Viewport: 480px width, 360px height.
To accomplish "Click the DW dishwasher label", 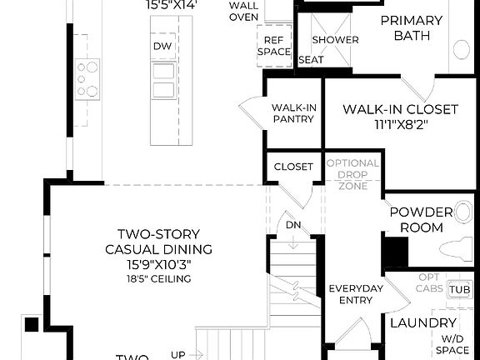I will coord(162,47).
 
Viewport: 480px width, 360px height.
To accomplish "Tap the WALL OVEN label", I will coord(243,12).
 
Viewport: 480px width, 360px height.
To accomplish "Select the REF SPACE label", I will coord(273,46).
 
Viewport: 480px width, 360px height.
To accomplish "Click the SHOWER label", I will coord(335,40).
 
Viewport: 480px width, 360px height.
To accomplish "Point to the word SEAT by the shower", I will coord(311,60).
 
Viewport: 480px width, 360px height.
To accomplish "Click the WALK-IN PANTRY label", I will coord(292,113).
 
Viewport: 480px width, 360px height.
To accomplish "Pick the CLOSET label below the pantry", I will coord(293,167).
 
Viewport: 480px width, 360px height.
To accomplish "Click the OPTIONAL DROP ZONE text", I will coord(352,175).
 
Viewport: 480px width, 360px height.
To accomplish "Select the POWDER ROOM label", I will coord(421,220).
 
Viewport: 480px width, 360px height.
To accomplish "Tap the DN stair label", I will coord(292,225).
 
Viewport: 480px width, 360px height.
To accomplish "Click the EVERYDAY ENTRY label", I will coord(355,294).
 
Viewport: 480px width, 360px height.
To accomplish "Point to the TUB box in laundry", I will coord(459,289).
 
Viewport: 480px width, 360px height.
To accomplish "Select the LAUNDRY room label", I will coord(422,323).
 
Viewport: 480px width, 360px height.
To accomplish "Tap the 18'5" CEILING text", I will coord(158,278).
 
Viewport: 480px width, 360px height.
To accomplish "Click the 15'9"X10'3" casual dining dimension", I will coord(158,263).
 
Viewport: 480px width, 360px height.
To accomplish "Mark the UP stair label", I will coord(178,354).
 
